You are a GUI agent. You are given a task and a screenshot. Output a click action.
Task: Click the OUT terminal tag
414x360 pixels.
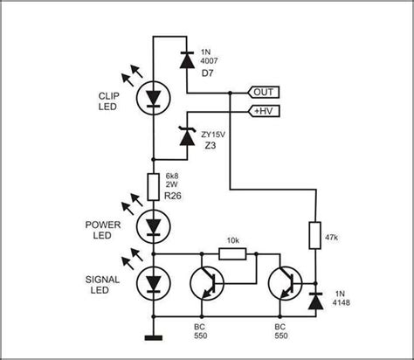click(265, 92)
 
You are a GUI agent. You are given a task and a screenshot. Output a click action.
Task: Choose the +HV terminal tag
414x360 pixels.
click(265, 112)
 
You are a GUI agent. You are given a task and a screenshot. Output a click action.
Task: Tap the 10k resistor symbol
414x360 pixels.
click(231, 253)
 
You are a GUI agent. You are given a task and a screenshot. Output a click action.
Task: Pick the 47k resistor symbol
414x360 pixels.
click(314, 236)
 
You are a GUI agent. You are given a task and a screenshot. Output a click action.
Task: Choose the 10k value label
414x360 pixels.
click(231, 239)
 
